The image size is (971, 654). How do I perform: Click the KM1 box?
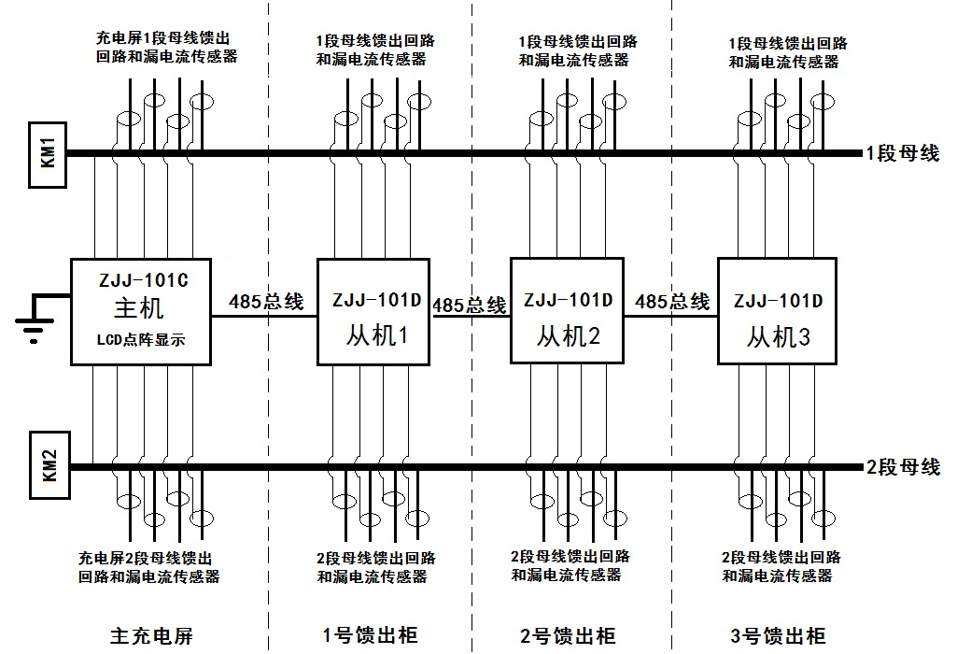[49, 154]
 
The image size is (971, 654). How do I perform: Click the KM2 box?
[49, 466]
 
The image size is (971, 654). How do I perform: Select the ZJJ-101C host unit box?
[143, 311]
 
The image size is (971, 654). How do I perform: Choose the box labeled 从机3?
[777, 310]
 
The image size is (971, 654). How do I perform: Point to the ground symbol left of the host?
[35, 322]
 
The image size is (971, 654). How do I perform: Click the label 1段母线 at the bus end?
[903, 154]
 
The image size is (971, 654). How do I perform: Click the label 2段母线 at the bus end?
[903, 467]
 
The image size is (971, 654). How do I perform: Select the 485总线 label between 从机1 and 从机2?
[470, 305]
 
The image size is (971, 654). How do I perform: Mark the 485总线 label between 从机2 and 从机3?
[672, 302]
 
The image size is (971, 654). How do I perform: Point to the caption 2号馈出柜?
[568, 636]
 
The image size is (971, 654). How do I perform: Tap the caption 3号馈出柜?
[778, 636]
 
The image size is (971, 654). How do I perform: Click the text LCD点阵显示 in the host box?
[141, 341]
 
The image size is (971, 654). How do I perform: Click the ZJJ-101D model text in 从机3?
[778, 301]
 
